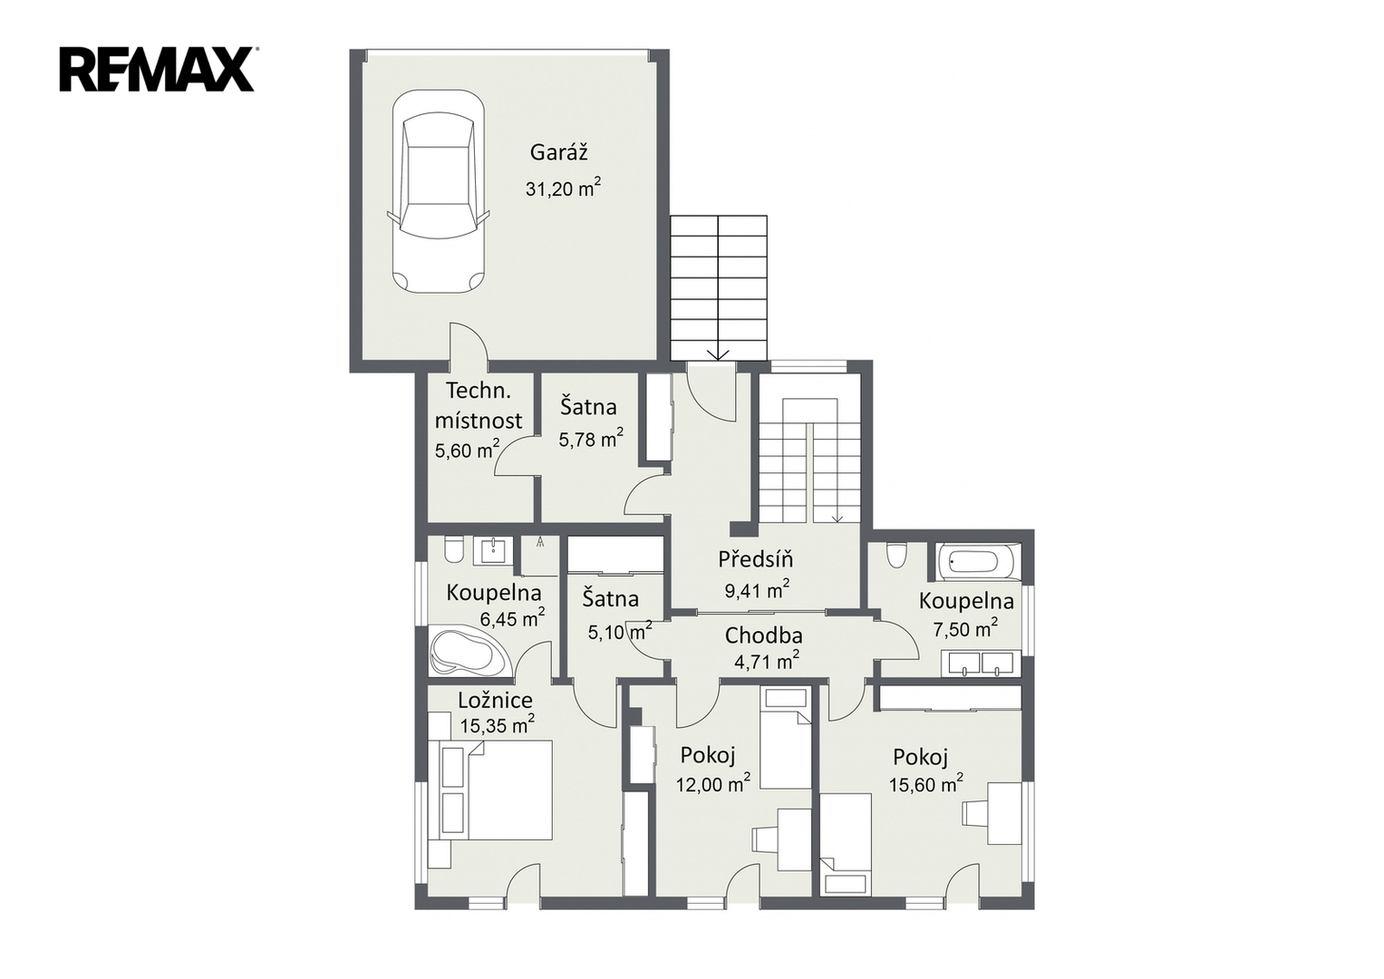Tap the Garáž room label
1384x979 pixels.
(558, 152)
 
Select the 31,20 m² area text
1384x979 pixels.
(563, 188)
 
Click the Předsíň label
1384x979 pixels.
(755, 558)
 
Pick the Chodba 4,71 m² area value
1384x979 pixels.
(766, 662)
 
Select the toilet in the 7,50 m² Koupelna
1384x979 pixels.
(895, 556)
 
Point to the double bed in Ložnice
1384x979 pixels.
(496, 790)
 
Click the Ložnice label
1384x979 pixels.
(495, 700)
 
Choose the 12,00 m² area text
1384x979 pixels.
(713, 784)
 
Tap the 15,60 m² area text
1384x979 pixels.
(926, 784)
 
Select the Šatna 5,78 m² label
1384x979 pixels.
(590, 422)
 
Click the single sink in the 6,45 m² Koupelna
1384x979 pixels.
(493, 550)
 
